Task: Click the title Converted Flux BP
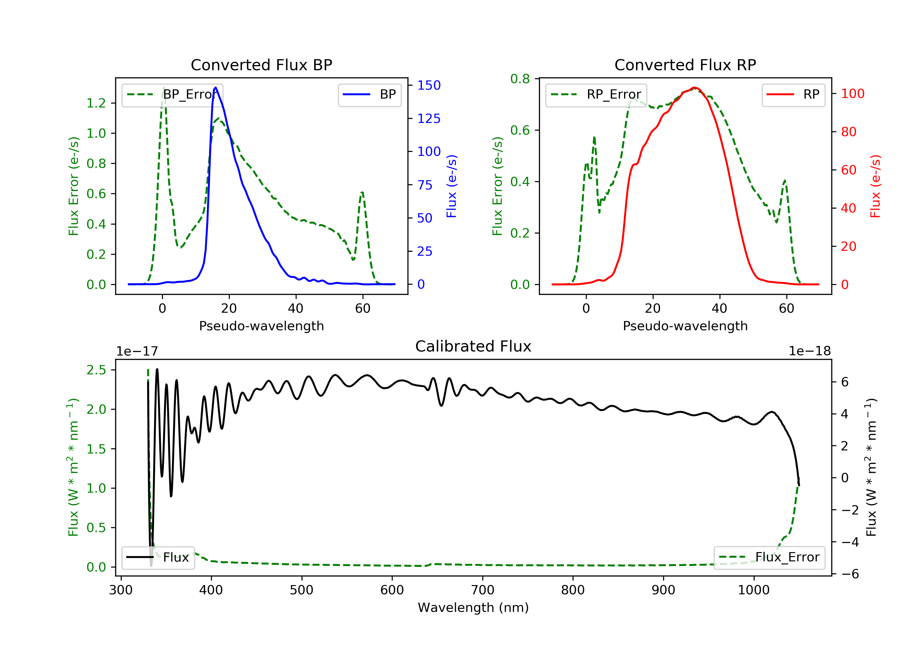tap(261, 65)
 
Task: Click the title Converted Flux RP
tap(685, 65)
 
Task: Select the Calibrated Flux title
tap(473, 346)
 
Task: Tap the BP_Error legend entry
tap(172, 95)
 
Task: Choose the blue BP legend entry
tap(369, 95)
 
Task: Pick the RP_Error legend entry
tap(596, 95)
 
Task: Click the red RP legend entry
tap(793, 95)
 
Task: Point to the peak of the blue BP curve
tap(216, 87)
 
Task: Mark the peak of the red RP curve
tap(694, 87)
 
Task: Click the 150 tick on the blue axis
tap(429, 85)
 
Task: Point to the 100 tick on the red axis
tap(852, 94)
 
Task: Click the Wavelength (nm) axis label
tap(473, 608)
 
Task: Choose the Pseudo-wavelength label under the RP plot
tap(685, 326)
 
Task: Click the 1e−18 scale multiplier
tap(810, 351)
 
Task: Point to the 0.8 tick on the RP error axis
tap(520, 79)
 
